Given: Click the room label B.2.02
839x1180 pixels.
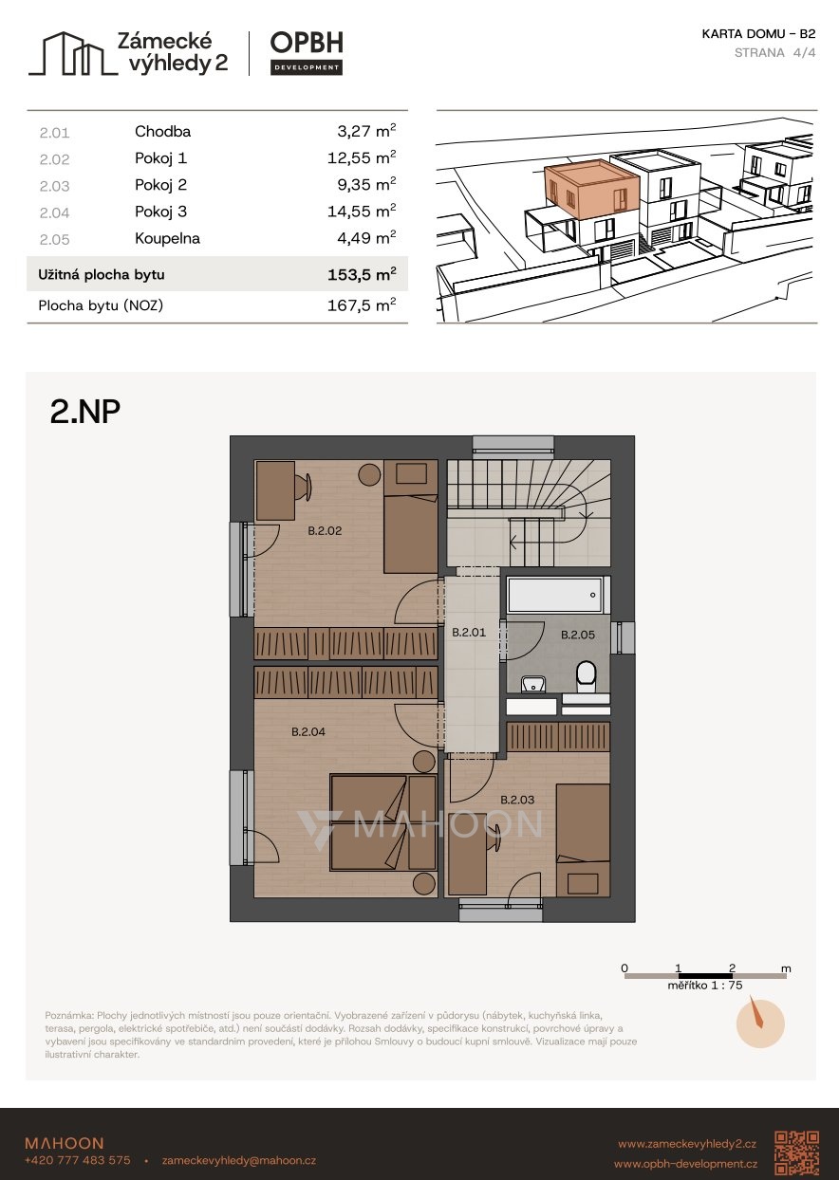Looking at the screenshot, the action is (325, 531).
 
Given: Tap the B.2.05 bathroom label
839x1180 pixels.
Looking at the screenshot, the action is (578, 635).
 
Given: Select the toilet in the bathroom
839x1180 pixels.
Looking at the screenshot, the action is (586, 677).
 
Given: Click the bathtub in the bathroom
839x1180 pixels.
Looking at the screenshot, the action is (554, 595).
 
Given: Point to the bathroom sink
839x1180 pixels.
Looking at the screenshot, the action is (533, 684).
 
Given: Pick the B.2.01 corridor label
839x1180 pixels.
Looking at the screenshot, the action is (469, 633).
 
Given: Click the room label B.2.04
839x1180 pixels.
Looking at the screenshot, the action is (308, 731).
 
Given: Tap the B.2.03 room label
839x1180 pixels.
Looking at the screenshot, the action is (517, 800).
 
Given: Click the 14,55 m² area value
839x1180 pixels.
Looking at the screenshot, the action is (362, 212).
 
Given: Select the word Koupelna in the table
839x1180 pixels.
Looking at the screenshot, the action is (168, 238).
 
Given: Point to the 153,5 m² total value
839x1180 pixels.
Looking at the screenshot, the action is (362, 274).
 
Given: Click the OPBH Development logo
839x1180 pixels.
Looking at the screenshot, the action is (307, 53).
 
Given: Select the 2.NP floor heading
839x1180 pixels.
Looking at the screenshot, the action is (85, 412).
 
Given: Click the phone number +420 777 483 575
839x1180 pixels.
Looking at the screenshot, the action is (78, 1160).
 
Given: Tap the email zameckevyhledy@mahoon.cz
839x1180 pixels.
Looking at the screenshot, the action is (239, 1160).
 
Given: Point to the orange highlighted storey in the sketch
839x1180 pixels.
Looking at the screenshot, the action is (593, 191).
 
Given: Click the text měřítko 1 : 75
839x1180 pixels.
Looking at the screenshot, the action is (704, 986).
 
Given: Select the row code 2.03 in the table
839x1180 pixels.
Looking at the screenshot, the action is (54, 186).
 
